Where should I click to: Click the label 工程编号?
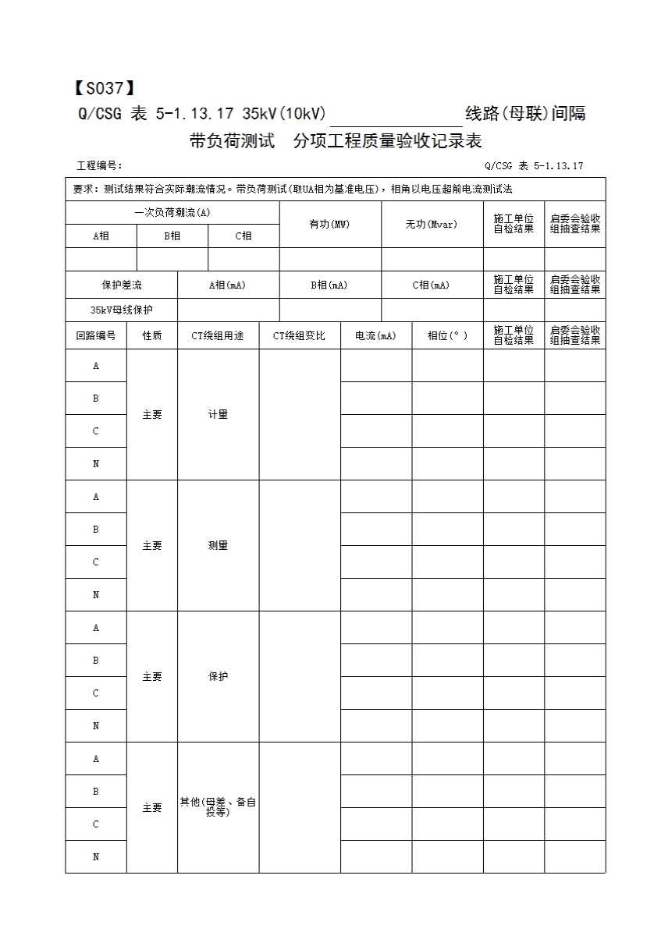click(x=99, y=166)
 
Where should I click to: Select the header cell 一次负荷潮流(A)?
click(x=172, y=212)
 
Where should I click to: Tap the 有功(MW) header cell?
click(x=329, y=225)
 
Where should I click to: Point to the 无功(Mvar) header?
click(x=432, y=225)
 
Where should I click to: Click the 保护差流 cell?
click(x=122, y=285)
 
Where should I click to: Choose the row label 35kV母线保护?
click(x=122, y=310)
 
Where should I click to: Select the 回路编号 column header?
click(x=96, y=335)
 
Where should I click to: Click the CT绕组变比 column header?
click(x=299, y=335)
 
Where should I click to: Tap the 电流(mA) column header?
click(x=375, y=335)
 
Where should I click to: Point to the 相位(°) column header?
click(x=447, y=335)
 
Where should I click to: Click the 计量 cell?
click(x=218, y=415)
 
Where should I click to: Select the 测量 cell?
click(x=218, y=546)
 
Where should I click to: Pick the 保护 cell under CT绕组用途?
click(x=218, y=677)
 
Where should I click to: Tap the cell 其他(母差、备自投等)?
click(x=218, y=807)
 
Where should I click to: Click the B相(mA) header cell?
click(x=329, y=285)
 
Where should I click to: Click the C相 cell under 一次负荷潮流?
click(x=243, y=236)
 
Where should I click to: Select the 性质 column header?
click(x=151, y=335)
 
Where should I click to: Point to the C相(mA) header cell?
click(x=432, y=285)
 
